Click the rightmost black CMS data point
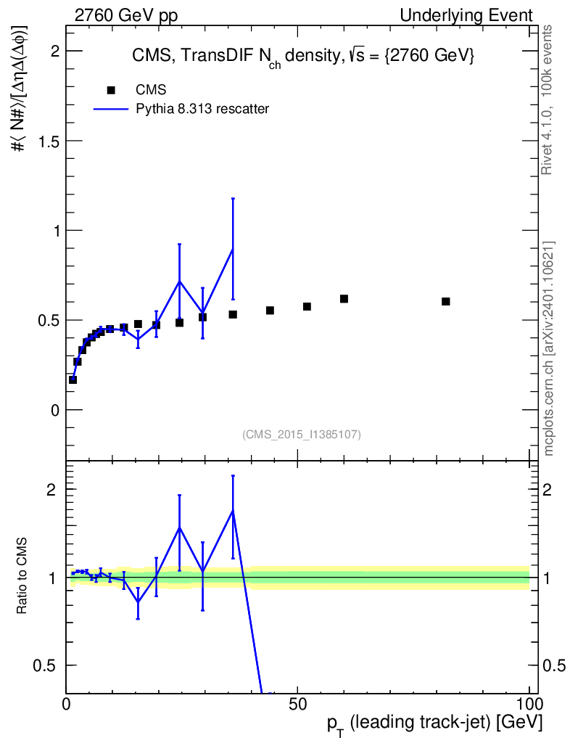tap(445, 301)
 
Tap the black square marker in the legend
tap(111, 90)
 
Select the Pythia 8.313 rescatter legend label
tap(202, 109)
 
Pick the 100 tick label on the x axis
tap(529, 704)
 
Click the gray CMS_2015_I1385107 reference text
tap(302, 435)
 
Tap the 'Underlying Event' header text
tap(466, 16)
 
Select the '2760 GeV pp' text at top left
tap(126, 16)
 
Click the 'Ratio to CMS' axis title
tap(22, 575)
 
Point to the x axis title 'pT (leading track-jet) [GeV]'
tap(434, 723)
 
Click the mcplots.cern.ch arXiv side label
tap(549, 349)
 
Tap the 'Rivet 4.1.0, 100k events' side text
tap(547, 100)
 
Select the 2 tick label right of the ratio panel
tap(547, 490)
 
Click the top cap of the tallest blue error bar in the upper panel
tap(233, 199)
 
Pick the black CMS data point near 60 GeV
tap(344, 299)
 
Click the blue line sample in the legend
tap(111, 109)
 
